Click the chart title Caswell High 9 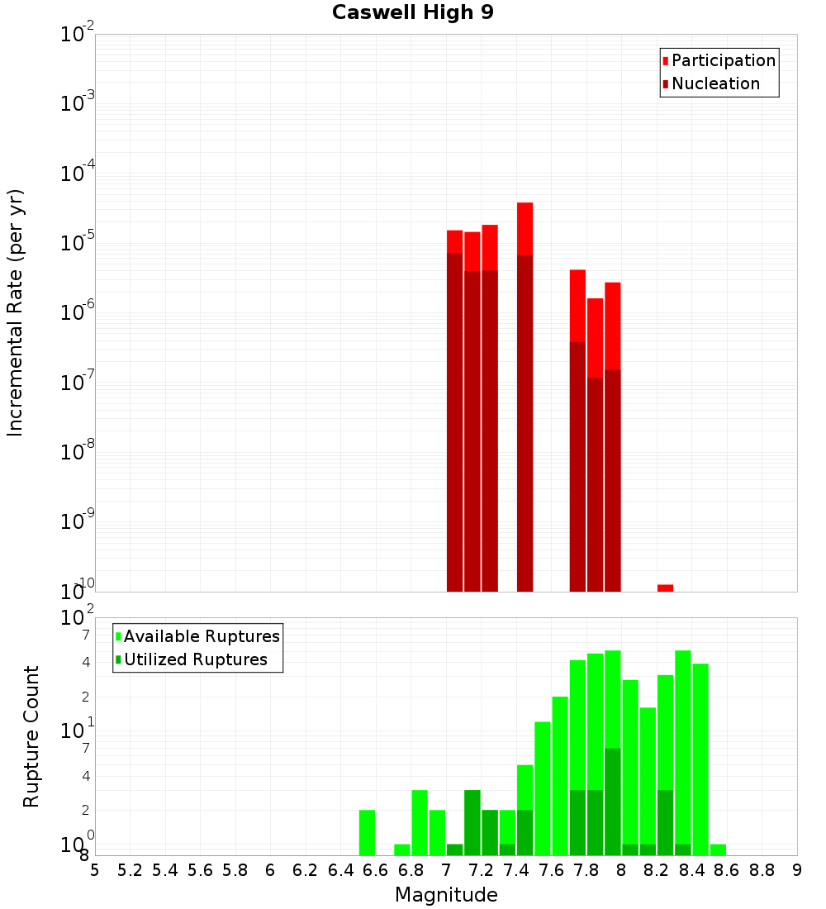pyautogui.click(x=412, y=13)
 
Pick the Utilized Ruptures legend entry pyautogui.click(x=195, y=659)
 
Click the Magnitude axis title pyautogui.click(x=446, y=895)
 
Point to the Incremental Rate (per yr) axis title pyautogui.click(x=16, y=313)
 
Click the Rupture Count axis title pyautogui.click(x=31, y=736)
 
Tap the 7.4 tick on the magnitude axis pyautogui.click(x=516, y=870)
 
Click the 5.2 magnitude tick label pyautogui.click(x=130, y=870)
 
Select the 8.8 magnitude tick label pyautogui.click(x=762, y=870)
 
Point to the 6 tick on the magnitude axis pyautogui.click(x=270, y=870)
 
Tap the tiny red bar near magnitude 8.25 pyautogui.click(x=665, y=588)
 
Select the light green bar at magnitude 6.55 pyautogui.click(x=367, y=832)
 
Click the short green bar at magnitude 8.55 pyautogui.click(x=718, y=850)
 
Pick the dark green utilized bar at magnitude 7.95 pyautogui.click(x=612, y=802)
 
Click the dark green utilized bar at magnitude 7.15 pyautogui.click(x=472, y=822)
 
